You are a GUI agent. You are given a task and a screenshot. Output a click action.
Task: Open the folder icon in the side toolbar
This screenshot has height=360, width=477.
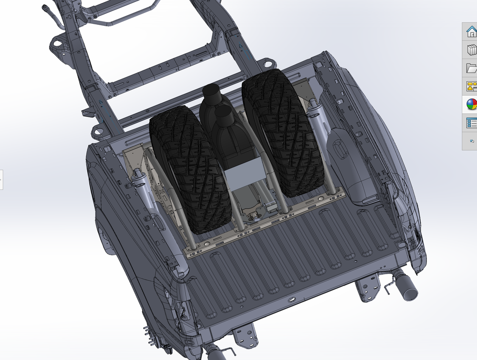[x=471, y=68]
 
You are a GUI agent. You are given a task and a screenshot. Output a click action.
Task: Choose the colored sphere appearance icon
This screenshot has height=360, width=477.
[x=471, y=104]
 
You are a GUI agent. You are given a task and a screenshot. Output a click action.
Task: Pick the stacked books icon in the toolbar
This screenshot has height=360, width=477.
[x=471, y=50]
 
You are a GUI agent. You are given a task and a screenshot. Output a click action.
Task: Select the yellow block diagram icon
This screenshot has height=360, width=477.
[x=471, y=86]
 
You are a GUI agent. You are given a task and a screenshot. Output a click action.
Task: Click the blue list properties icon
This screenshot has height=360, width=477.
[x=471, y=123]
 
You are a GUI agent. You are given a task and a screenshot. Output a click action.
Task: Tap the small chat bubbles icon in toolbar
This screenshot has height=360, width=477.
[x=471, y=141]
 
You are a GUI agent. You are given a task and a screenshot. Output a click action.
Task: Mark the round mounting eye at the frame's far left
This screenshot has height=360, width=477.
[x=57, y=43]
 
